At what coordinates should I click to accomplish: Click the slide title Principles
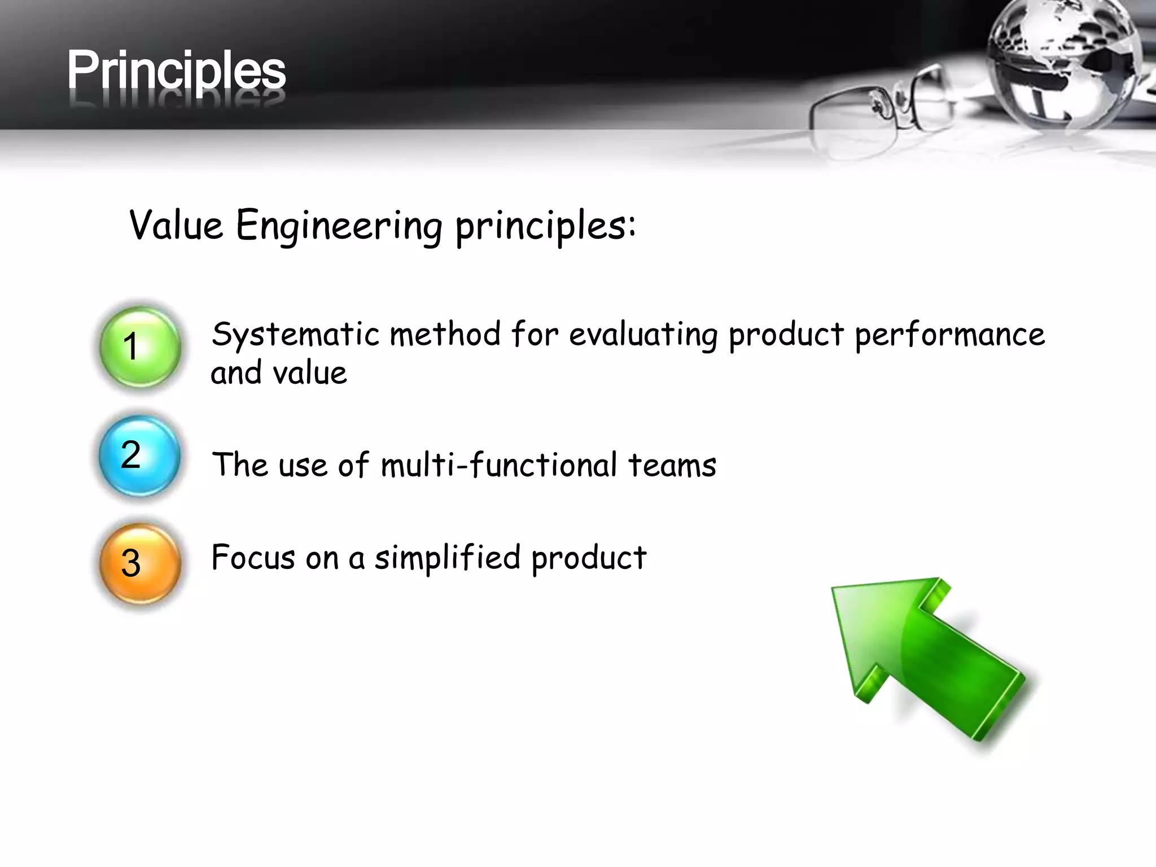[x=176, y=71]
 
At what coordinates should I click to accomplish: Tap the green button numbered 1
[x=140, y=347]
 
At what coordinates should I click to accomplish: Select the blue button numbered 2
[x=140, y=456]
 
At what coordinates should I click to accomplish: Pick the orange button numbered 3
[x=140, y=563]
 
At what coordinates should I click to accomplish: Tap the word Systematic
[x=295, y=334]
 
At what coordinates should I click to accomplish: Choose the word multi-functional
[x=498, y=466]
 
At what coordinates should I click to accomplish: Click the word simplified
[x=447, y=558]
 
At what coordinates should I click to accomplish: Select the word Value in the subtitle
[x=176, y=225]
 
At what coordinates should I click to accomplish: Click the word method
[x=445, y=334]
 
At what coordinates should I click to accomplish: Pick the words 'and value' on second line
[x=278, y=373]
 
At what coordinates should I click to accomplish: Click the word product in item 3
[x=589, y=558]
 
